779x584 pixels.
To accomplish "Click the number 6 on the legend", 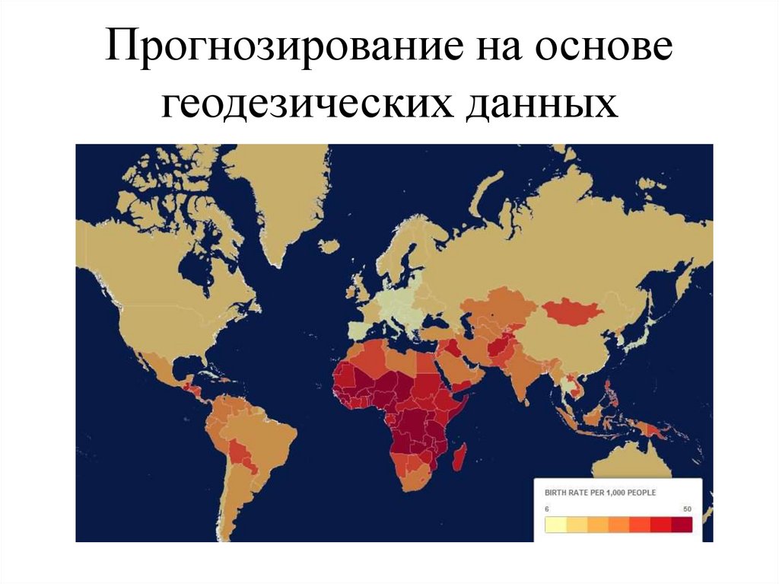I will pyautogui.click(x=548, y=509).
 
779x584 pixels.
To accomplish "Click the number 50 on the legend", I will pyautogui.click(x=687, y=509).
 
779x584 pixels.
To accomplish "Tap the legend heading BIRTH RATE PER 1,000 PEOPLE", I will pyautogui.click(x=601, y=493).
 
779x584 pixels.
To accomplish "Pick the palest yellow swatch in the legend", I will pyautogui.click(x=555, y=525).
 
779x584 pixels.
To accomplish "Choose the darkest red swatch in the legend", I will pyautogui.click(x=682, y=525).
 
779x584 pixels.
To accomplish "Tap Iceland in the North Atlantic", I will pyautogui.click(x=329, y=247).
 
